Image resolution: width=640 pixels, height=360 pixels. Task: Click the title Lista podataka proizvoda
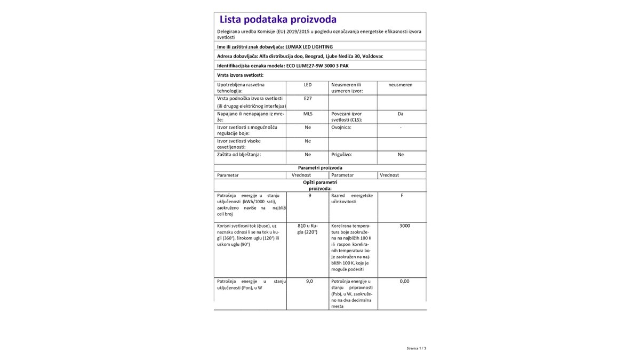point(278,20)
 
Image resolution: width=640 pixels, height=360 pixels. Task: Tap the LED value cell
point(308,85)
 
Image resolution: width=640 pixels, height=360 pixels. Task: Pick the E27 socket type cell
point(308,99)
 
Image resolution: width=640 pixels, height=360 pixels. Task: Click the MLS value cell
point(308,114)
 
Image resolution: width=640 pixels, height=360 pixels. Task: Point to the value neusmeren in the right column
point(401,85)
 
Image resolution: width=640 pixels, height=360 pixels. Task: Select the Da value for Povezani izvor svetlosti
point(401,114)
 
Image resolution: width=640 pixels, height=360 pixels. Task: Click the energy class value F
point(402,196)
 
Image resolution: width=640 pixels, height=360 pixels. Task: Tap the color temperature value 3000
point(404,226)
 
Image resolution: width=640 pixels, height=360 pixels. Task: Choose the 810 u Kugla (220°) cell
point(307,229)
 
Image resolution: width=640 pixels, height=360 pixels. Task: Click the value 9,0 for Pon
point(309,281)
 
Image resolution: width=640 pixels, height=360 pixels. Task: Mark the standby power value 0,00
point(404,281)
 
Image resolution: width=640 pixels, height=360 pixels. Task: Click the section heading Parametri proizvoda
point(320,167)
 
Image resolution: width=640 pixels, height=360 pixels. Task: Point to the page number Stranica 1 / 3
point(416,348)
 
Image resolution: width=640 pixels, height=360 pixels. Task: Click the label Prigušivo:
point(341,154)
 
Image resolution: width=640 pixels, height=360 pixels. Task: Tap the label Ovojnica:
point(341,127)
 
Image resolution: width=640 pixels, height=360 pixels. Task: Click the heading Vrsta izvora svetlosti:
point(241,75)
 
